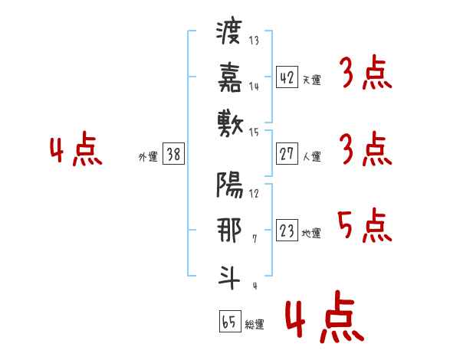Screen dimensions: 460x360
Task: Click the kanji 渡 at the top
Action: pos(229,31)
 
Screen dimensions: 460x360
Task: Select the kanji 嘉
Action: pos(230,77)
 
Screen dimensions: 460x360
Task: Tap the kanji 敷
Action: pos(230,124)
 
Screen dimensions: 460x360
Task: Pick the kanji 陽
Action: pos(230,185)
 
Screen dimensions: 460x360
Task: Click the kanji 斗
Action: pos(229,277)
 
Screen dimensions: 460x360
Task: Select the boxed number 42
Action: pos(287,77)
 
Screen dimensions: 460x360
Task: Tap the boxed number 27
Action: pos(287,154)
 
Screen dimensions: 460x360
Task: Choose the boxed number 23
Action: pos(287,230)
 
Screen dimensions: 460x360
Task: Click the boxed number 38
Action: pos(173,154)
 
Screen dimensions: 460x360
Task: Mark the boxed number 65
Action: pos(230,321)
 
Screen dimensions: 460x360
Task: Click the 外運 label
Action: pos(148,156)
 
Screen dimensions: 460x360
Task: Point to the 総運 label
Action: pos(255,324)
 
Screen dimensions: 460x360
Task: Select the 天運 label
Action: pos(312,80)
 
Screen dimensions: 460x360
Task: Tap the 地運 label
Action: pos(311,233)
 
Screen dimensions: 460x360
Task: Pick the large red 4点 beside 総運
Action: pos(325,316)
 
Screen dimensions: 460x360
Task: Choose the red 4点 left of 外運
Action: pos(76,149)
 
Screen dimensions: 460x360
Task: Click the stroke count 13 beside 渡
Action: pos(254,40)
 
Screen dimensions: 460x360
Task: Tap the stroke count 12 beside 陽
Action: pos(254,194)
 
